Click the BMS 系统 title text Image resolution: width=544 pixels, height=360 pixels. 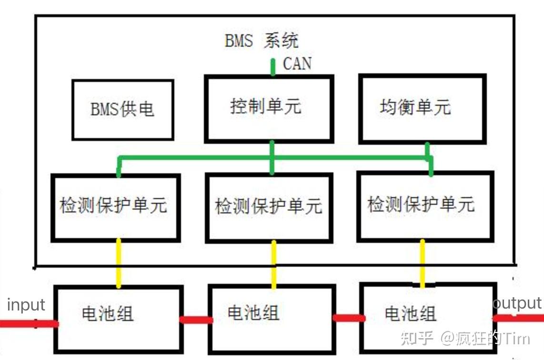click(x=262, y=41)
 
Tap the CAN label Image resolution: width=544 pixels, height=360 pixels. click(x=297, y=63)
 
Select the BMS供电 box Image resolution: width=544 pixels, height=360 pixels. click(x=122, y=110)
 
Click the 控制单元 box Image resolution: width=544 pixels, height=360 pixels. click(x=268, y=108)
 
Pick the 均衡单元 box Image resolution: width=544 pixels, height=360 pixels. click(x=422, y=109)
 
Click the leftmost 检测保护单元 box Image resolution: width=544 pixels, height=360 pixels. click(x=115, y=207)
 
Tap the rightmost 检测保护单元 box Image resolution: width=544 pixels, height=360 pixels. click(x=424, y=206)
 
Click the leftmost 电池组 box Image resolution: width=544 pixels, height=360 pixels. click(x=118, y=318)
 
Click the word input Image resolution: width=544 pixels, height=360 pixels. click(x=26, y=305)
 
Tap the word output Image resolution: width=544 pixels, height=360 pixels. click(x=518, y=303)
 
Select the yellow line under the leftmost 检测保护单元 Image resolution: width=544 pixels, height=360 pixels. click(x=118, y=263)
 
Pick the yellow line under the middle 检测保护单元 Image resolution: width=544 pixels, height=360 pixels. click(x=274, y=264)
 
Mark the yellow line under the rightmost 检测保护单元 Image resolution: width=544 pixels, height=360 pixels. click(x=423, y=263)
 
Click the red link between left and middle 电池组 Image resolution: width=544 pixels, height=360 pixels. click(x=196, y=320)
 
